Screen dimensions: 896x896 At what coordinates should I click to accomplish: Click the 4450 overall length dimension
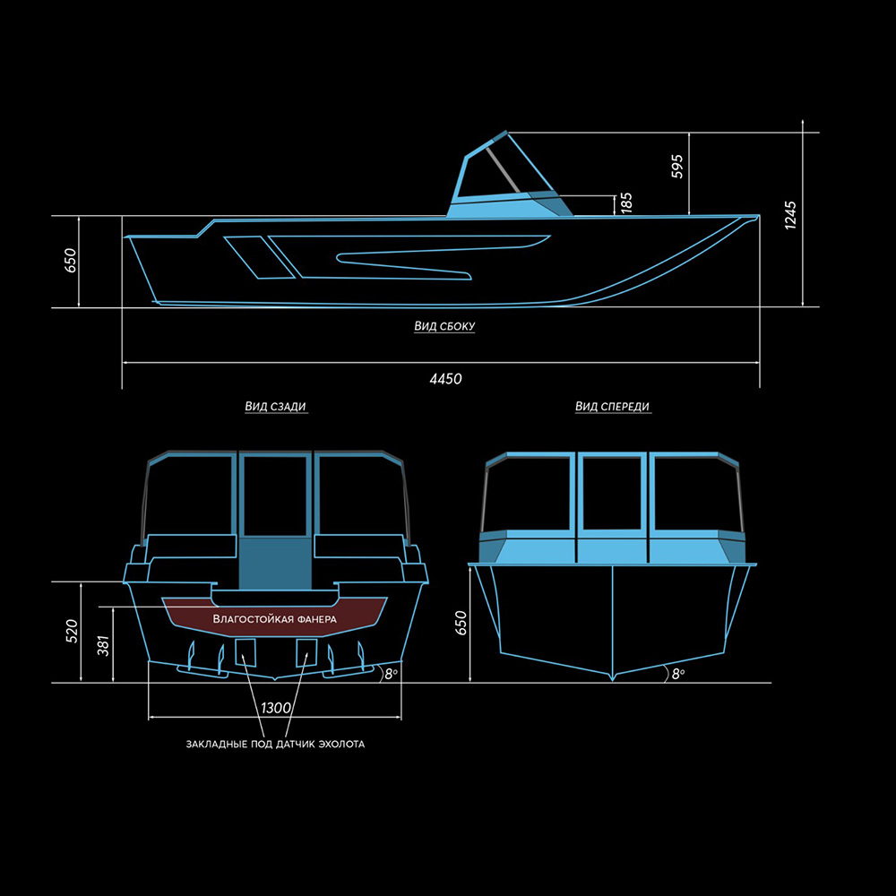click(445, 378)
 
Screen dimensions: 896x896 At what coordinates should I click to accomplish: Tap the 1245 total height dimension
click(790, 215)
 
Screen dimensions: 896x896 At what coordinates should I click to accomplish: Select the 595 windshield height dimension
click(677, 167)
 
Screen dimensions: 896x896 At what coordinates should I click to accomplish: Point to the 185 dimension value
click(626, 203)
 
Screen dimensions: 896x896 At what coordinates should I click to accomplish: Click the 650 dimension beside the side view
click(70, 261)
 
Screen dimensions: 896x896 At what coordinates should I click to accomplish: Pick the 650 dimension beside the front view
click(461, 623)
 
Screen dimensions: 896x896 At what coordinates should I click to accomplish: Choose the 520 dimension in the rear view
click(72, 632)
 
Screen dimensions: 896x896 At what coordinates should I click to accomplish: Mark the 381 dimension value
click(103, 645)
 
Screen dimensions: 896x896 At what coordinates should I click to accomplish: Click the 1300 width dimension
click(276, 708)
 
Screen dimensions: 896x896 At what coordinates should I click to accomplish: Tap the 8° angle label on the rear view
click(391, 674)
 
